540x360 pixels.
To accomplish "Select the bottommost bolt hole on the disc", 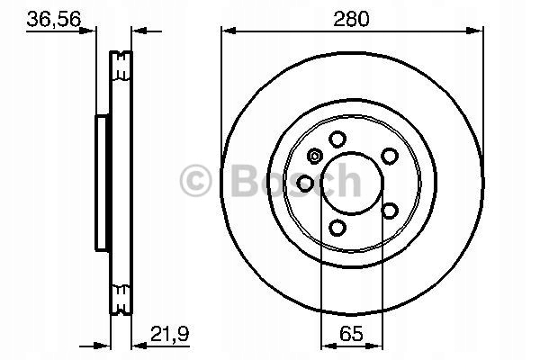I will pos(338,228).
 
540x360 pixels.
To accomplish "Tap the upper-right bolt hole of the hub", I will pos(389,155).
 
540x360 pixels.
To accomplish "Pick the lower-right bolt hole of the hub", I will pos(389,211).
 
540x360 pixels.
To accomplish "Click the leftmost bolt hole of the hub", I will pos(306,184).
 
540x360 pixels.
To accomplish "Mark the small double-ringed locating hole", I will pos(314,157).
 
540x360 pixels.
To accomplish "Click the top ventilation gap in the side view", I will pos(121,65).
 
